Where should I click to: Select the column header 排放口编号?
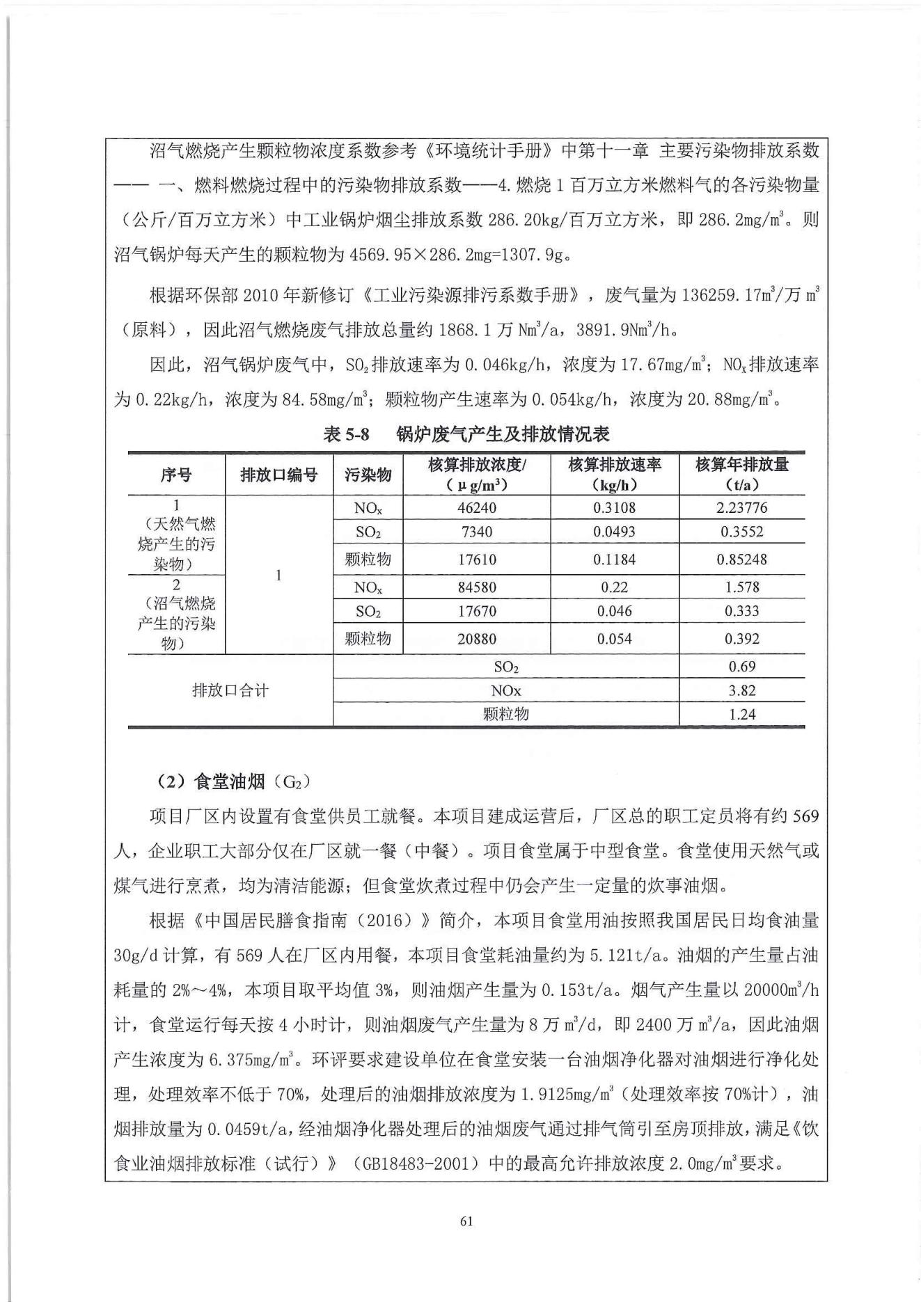[x=278, y=475]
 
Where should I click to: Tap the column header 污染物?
[x=368, y=475]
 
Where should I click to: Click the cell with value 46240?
[x=476, y=508]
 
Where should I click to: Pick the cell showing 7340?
[x=476, y=532]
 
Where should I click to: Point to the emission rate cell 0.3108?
[x=614, y=508]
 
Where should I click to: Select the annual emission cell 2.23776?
[x=741, y=508]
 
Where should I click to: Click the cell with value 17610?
[x=476, y=559]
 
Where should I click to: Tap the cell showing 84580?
[x=476, y=587]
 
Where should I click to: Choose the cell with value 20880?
[x=476, y=639]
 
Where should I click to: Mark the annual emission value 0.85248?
[x=741, y=559]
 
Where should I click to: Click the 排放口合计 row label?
[x=230, y=691]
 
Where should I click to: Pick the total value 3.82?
[x=741, y=691]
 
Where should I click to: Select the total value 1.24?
[x=741, y=715]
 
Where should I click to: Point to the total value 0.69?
[x=741, y=667]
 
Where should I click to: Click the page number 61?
[x=466, y=1221]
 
